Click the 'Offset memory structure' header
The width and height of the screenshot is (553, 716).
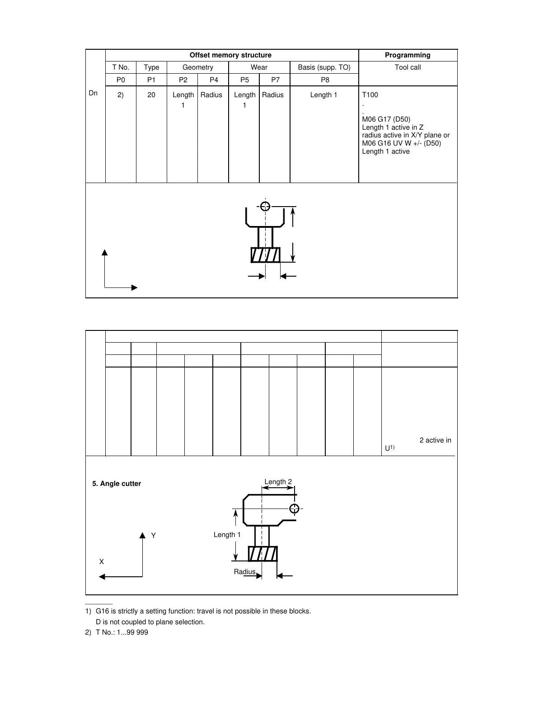230,55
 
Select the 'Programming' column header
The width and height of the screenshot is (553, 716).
408,55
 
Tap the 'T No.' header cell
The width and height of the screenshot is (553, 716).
121,67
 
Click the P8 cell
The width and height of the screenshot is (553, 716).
325,80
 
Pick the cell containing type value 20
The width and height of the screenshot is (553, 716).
151,95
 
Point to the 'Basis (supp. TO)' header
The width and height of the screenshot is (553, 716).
324,67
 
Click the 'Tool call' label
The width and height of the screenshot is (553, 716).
408,67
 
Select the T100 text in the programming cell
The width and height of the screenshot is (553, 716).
370,95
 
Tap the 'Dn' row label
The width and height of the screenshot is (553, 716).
93,93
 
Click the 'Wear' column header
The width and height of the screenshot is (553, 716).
259,67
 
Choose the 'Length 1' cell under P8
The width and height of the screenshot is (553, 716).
323,95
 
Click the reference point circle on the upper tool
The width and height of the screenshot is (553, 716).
265,206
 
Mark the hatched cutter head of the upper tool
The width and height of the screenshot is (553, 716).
265,255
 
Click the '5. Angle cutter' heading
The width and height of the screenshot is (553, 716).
117,484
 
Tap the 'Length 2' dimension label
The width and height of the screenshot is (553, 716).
278,482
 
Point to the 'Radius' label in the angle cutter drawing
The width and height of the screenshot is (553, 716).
244,572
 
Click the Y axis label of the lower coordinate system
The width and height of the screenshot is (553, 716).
154,536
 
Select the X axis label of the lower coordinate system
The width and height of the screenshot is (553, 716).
102,562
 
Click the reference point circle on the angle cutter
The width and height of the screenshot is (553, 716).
294,509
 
